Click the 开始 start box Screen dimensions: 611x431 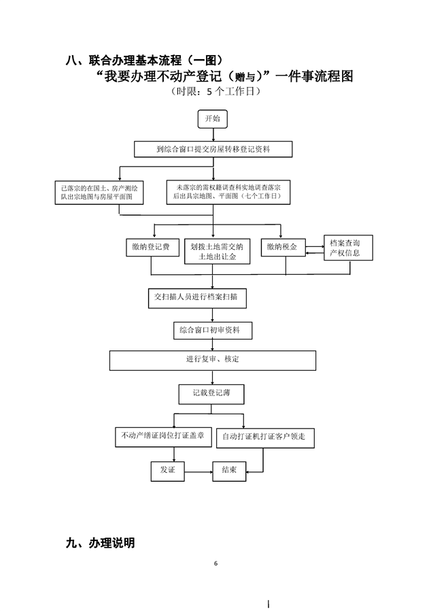(x=212, y=118)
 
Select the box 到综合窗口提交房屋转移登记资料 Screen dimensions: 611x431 (x=213, y=148)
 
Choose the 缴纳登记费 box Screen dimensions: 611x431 (x=152, y=247)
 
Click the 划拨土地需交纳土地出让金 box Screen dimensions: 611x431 (x=217, y=250)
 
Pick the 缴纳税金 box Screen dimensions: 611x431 (x=282, y=247)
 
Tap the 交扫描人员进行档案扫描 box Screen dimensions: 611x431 (x=197, y=297)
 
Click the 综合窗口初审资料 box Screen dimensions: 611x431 (x=213, y=331)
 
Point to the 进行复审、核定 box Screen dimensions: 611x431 (x=213, y=359)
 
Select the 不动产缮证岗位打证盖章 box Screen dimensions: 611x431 (x=163, y=435)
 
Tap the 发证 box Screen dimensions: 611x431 (x=167, y=470)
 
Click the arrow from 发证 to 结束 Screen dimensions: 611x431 (x=198, y=471)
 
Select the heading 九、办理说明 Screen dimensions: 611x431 (x=100, y=543)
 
